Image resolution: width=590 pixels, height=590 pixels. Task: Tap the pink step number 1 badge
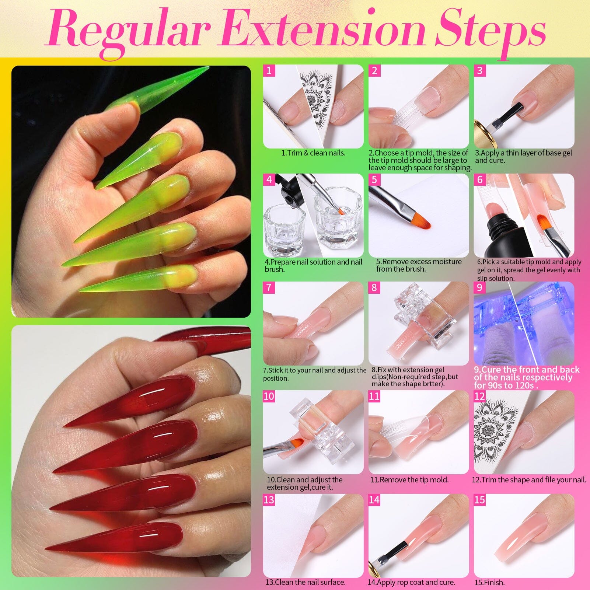(269, 70)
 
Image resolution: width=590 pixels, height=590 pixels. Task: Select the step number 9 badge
(479, 287)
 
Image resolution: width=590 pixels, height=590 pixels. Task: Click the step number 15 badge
(479, 500)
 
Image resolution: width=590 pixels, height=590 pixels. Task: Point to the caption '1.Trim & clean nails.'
(313, 153)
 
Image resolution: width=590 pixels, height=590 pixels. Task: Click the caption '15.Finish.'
(489, 582)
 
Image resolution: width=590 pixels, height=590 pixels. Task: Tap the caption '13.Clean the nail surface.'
(306, 582)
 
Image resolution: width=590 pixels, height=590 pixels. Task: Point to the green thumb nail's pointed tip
(206, 69)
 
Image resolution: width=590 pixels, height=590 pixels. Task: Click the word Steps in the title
(490, 30)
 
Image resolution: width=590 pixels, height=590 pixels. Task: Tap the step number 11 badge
(374, 396)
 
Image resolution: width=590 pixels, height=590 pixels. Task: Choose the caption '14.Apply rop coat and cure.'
(411, 582)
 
